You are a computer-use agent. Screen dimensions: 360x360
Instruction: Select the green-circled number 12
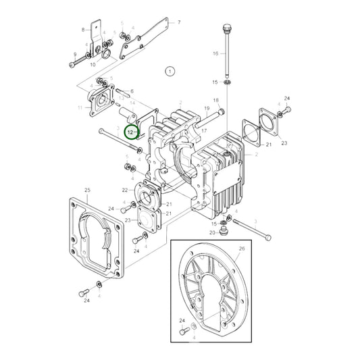tap(131, 133)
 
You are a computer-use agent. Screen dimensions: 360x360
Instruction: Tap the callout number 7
tap(179, 22)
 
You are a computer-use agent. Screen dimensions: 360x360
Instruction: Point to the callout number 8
tap(84, 30)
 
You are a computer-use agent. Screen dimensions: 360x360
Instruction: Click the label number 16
tap(215, 53)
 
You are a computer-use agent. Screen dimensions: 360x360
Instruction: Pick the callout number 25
tap(87, 191)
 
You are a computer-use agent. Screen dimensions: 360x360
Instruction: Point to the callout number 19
tap(205, 108)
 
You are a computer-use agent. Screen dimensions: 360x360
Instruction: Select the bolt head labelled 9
tap(72, 66)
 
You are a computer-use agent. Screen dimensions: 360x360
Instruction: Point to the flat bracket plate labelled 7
tap(145, 34)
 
